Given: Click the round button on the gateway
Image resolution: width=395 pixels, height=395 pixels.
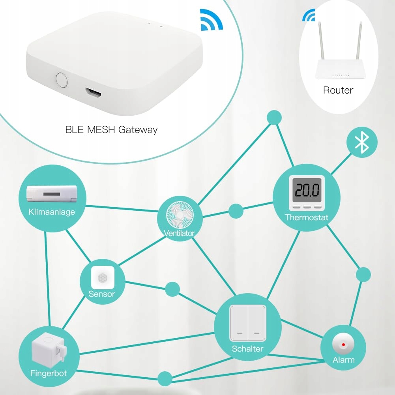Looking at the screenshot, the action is click(x=62, y=80).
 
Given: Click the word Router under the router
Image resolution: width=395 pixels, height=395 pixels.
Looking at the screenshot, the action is click(x=338, y=90).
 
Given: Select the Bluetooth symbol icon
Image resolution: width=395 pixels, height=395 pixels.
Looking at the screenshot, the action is click(x=362, y=142).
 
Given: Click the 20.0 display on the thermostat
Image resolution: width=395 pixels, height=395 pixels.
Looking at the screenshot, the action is click(x=307, y=190).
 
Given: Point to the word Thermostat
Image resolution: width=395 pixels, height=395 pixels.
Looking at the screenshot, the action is click(x=307, y=217).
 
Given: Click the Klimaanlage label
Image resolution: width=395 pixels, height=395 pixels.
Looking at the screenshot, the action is click(x=52, y=212).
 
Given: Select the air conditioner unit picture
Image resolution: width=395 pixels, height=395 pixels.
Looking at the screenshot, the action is click(x=52, y=194).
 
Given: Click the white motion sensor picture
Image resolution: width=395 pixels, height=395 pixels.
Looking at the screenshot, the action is click(x=103, y=277).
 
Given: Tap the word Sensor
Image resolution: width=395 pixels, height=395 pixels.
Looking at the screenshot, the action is click(x=102, y=294).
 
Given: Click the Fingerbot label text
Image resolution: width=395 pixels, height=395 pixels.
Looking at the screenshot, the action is click(x=49, y=373).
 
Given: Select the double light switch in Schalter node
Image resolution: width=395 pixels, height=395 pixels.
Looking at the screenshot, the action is click(x=248, y=323).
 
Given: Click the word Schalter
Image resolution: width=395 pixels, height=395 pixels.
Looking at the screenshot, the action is click(x=248, y=349).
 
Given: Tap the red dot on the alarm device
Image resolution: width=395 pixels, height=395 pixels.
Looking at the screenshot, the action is click(x=343, y=344).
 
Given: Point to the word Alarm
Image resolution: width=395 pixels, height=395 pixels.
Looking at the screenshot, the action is click(x=344, y=360).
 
